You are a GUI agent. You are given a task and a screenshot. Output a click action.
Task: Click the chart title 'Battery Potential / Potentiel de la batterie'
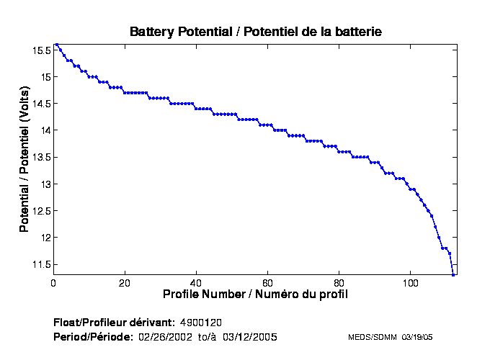tap(255, 32)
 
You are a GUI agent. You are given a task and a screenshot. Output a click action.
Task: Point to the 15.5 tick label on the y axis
tap(40, 50)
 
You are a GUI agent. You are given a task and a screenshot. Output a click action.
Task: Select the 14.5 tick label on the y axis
tap(40, 104)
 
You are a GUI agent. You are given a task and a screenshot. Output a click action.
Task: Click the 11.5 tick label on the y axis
tap(40, 265)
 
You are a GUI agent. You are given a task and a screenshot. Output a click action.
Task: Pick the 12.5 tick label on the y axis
tap(40, 211)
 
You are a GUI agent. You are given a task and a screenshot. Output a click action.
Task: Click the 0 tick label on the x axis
tap(53, 282)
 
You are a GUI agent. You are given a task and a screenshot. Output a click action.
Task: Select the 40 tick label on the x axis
tap(196, 282)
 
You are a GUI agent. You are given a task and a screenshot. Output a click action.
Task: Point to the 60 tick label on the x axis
tap(267, 282)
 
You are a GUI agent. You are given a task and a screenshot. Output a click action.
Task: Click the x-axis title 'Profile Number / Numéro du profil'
tap(255, 294)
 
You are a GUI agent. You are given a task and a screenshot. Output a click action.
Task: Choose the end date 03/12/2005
tap(249, 337)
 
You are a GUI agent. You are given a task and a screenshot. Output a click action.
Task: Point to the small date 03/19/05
tap(417, 337)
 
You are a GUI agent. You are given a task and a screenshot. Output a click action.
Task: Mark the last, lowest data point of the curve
tap(453, 274)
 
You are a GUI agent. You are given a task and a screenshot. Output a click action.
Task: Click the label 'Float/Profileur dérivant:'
tap(114, 321)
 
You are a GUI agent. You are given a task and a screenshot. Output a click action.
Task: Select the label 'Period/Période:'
tap(93, 337)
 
